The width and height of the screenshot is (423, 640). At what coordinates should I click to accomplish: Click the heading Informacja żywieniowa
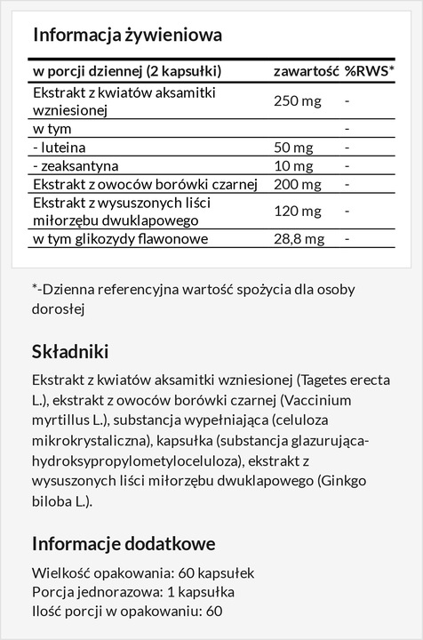point(127,36)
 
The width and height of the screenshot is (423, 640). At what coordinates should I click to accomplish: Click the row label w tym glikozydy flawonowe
point(120,240)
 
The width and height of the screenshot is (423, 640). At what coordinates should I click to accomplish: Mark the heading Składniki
point(70,351)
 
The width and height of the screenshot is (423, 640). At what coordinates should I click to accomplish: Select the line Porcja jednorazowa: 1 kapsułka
point(133,591)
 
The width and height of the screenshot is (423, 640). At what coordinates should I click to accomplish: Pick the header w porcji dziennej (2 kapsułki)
point(127,71)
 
